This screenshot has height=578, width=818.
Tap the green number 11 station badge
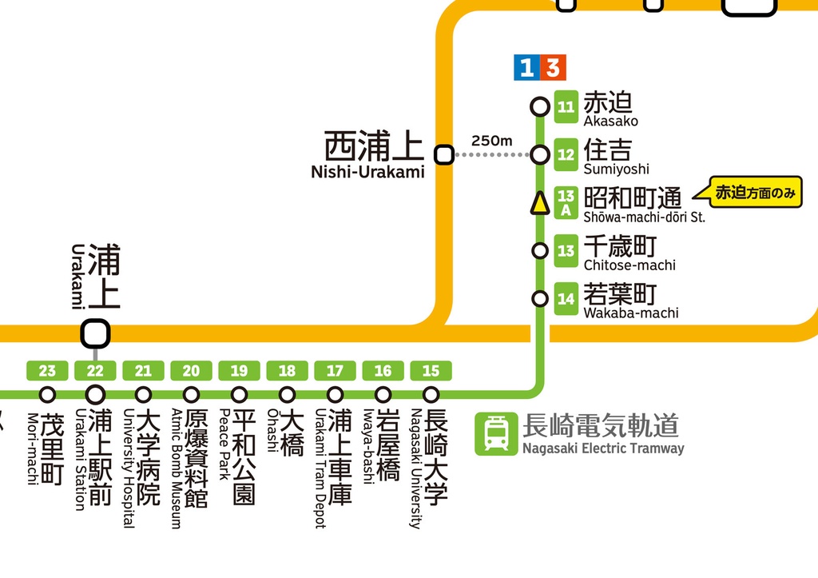[566, 107]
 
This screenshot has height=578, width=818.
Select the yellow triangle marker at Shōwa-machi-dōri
[540, 203]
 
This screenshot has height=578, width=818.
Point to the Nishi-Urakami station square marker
[443, 154]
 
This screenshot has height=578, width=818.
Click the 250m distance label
[491, 141]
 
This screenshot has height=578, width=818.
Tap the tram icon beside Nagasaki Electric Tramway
[495, 434]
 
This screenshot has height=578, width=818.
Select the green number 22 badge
[95, 371]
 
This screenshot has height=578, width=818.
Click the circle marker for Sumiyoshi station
[540, 154]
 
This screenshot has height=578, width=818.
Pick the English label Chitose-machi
[629, 265]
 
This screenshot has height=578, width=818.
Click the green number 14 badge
[566, 299]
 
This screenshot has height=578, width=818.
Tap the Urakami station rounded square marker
[95, 333]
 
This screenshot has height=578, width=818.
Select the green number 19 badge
[239, 371]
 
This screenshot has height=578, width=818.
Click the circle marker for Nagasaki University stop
[431, 394]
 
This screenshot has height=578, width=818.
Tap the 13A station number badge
[566, 203]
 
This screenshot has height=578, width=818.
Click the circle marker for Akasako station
[540, 106]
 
